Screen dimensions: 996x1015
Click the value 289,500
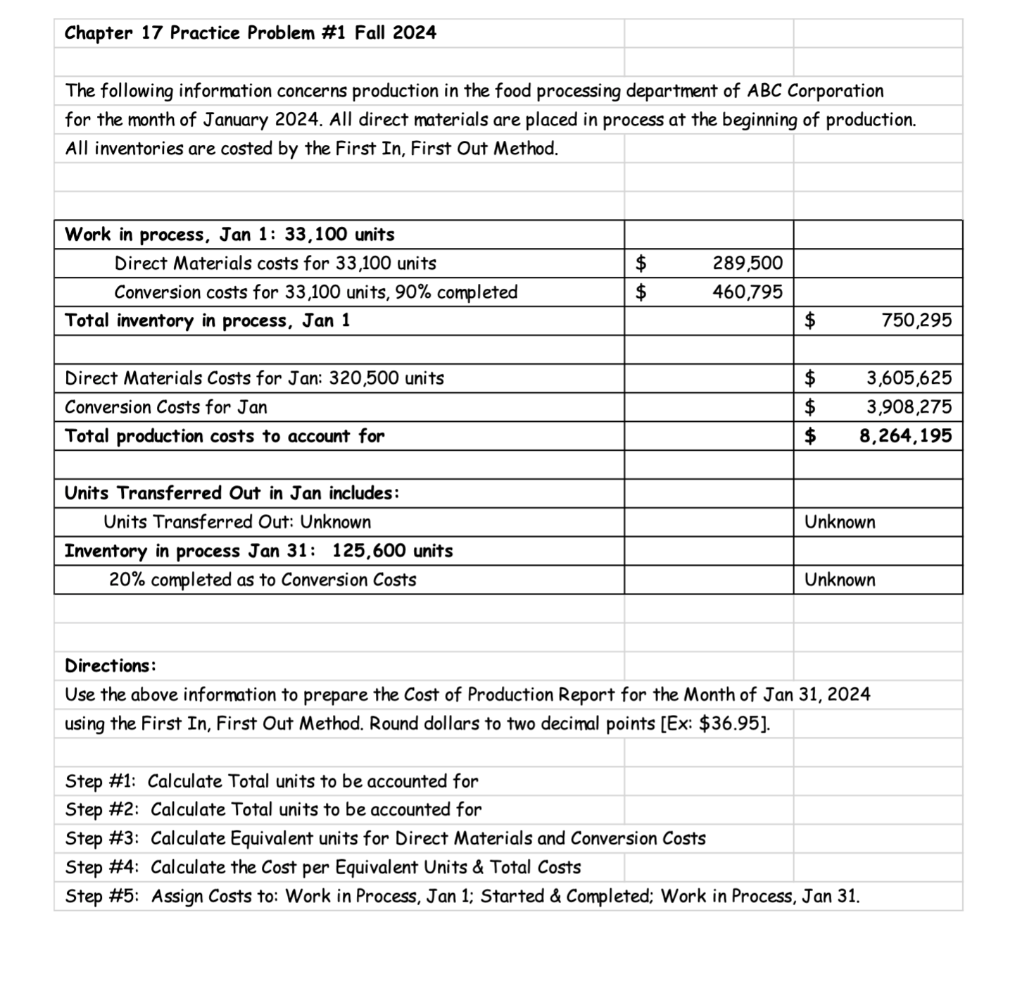[747, 263]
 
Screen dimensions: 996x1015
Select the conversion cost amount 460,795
[747, 292]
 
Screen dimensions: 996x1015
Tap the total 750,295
[916, 320]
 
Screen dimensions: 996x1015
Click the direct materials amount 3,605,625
[909, 378]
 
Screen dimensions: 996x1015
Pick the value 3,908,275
[909, 407]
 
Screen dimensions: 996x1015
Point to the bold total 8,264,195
[905, 436]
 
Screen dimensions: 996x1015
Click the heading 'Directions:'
[111, 666]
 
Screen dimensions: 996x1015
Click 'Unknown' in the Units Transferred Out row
[840, 522]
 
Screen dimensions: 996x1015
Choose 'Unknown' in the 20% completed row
[840, 580]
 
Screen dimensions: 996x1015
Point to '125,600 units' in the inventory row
[392, 551]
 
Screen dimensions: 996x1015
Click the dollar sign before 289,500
[641, 263]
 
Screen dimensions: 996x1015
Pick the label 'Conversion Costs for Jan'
[165, 407]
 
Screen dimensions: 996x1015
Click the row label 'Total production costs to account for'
[225, 436]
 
